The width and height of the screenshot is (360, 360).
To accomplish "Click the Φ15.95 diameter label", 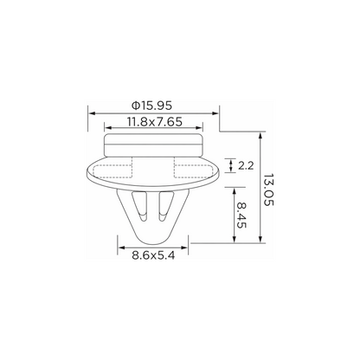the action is (151, 106).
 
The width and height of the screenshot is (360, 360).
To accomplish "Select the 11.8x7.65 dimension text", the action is (155, 122).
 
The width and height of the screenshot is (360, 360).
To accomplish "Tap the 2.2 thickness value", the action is (246, 165).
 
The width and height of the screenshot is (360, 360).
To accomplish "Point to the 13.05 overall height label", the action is (268, 190).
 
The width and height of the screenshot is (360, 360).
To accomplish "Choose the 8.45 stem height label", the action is (241, 215).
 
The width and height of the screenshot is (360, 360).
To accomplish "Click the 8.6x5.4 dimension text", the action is (153, 255).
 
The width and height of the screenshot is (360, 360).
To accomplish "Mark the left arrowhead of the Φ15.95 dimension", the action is (92, 113).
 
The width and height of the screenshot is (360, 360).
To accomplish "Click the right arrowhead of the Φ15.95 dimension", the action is (215, 113).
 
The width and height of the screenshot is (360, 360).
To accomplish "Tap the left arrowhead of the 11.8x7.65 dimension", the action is (108, 128).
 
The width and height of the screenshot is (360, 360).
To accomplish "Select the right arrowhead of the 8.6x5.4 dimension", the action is (184, 247).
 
